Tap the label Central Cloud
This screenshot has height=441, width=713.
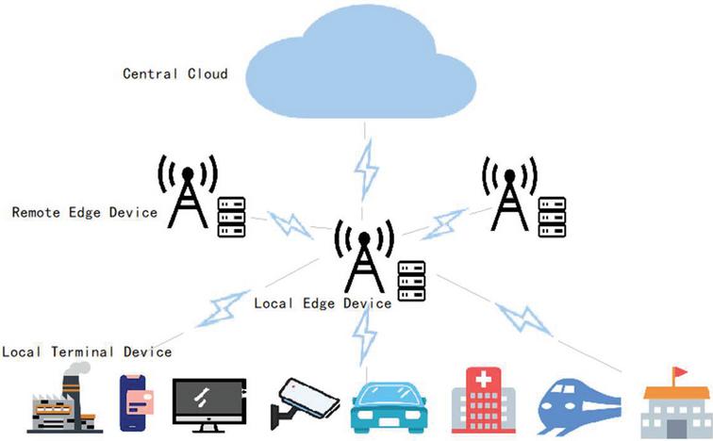point(175,73)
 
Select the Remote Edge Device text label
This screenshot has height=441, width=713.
point(84,213)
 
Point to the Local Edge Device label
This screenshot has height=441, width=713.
point(323,303)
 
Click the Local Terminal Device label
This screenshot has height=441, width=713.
point(86,351)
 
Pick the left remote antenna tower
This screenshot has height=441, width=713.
point(188,192)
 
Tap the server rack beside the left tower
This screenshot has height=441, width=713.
point(231,218)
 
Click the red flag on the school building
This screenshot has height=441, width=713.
point(677,375)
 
